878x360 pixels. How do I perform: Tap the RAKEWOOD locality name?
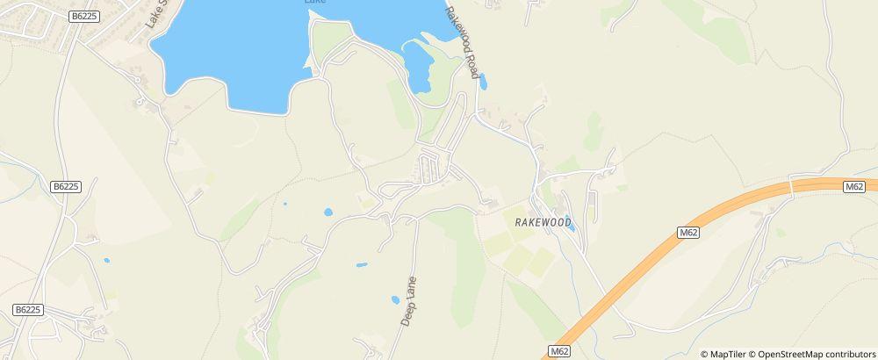point(543,223)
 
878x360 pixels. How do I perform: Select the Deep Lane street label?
point(408,301)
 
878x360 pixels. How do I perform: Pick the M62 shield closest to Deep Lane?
point(559,351)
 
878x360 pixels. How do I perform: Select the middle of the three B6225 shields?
point(65,186)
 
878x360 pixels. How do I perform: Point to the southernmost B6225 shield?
point(28,310)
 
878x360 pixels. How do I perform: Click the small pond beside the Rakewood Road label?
point(483,83)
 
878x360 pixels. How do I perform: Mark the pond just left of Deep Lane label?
point(395,300)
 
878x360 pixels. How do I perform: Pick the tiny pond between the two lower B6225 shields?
point(106,260)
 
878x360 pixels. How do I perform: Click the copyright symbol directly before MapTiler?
point(704,354)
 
